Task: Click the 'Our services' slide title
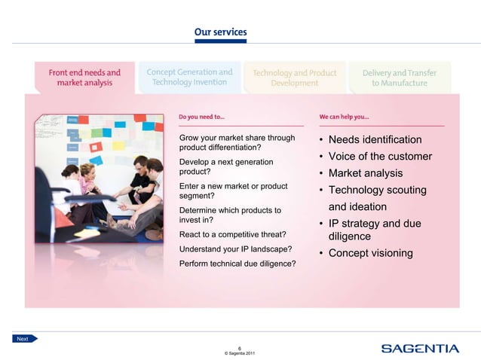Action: click(220, 32)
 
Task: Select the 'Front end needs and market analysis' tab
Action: click(84, 78)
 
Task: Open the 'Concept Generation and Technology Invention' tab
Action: click(189, 77)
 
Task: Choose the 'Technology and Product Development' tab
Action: click(294, 78)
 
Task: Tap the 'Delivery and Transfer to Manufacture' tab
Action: click(399, 78)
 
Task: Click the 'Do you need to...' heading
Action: click(201, 117)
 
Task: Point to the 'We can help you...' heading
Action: click(344, 117)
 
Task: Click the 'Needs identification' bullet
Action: click(375, 140)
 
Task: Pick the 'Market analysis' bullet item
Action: click(365, 173)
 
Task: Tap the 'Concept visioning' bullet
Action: click(370, 253)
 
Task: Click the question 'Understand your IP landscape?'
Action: click(235, 249)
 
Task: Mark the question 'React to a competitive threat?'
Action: click(232, 234)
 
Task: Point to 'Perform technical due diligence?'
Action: click(237, 264)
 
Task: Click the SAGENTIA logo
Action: click(419, 348)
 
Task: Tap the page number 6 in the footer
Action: click(240, 347)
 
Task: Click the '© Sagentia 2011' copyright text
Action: click(240, 353)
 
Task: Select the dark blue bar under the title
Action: click(220, 41)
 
